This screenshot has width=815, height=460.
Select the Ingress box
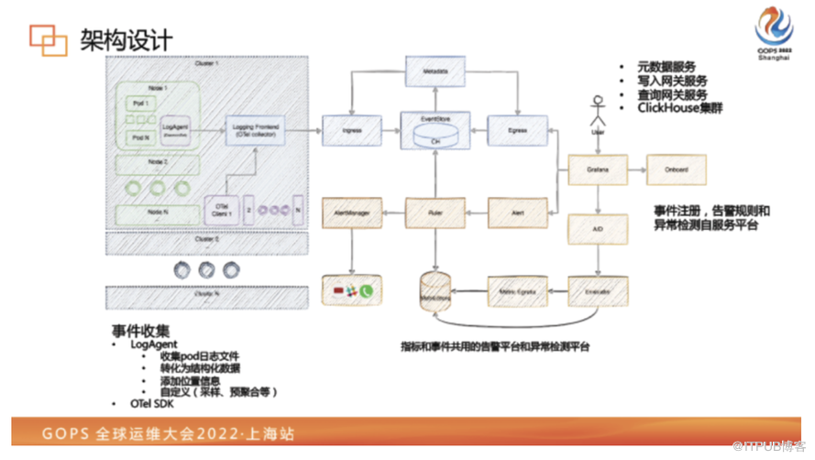click(350, 131)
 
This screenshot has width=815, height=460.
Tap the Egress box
click(517, 131)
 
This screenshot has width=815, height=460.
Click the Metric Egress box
click(517, 290)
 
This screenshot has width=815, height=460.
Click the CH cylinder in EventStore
click(435, 138)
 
